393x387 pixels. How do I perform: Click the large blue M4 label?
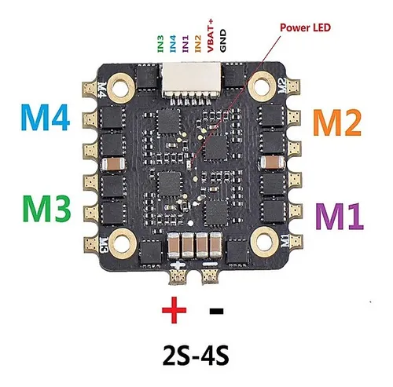46,117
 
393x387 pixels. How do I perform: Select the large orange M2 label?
337,122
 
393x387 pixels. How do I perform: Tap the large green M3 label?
47,209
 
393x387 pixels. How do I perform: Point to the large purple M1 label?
340,216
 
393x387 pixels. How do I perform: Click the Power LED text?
305,27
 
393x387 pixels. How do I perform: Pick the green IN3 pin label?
160,44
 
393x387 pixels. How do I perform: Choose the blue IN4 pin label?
173,44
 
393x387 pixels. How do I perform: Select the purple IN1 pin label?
185,44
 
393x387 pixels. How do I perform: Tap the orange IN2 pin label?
198,44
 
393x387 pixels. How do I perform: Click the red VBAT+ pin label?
211,35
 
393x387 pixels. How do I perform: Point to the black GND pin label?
222,41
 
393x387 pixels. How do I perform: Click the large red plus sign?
174,310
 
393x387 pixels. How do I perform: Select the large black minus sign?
216,311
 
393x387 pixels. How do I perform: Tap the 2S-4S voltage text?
196,356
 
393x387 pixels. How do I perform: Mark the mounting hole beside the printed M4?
120,86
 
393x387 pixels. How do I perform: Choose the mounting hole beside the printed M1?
265,241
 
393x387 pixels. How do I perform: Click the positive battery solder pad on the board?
178,277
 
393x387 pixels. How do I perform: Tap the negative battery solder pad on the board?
209,277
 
